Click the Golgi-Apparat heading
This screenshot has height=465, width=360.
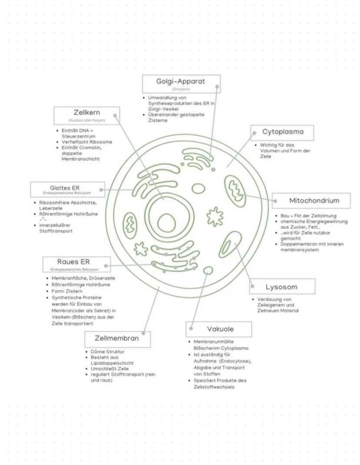click(x=180, y=81)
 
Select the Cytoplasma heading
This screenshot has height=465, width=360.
click(x=282, y=131)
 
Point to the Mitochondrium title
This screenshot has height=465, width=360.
click(x=314, y=201)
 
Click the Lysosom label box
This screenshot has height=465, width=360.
click(x=282, y=287)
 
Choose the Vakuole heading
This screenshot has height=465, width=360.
click(x=220, y=329)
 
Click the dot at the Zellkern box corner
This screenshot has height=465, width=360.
click(x=115, y=116)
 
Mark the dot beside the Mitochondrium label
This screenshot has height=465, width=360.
click(x=275, y=201)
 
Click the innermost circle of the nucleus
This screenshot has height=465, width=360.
click(x=165, y=223)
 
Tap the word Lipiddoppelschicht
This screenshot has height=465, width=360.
click(x=112, y=362)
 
